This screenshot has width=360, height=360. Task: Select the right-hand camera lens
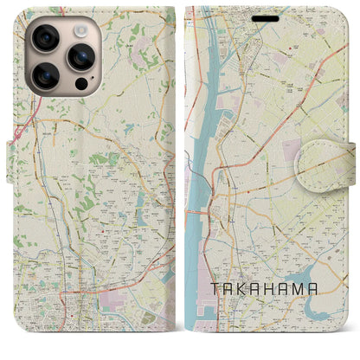[x=80, y=58]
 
